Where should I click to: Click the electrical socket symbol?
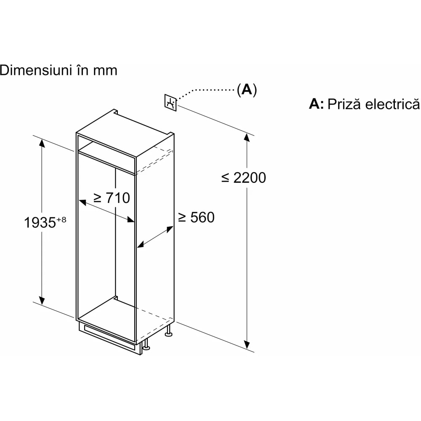pos(170,102)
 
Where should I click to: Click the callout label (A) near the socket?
pos(246,89)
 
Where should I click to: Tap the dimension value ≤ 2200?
pos(244,178)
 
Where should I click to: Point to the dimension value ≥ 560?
pos(196,217)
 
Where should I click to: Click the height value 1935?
pos(40,223)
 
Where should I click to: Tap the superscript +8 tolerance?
pos(61,219)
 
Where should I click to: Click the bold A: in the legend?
pos(316,104)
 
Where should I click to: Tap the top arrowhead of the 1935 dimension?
pos(41,143)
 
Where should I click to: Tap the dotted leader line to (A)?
pos(206,90)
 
